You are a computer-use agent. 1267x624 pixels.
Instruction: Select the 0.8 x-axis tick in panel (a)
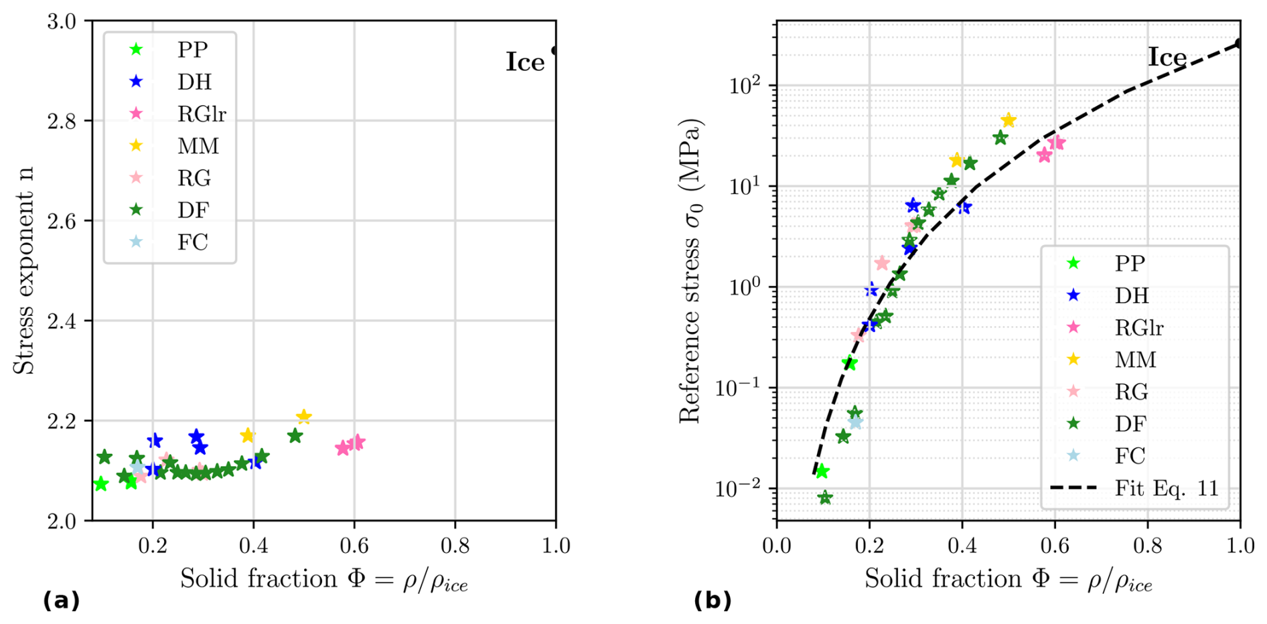pyautogui.click(x=455, y=546)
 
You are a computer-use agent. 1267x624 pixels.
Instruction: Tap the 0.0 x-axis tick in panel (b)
pyautogui.click(x=777, y=546)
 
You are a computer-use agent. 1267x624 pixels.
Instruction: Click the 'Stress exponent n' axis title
pyautogui.click(x=24, y=270)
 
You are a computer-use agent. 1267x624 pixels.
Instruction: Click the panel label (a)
pyautogui.click(x=61, y=601)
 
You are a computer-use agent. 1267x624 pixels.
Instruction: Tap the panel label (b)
pyautogui.click(x=713, y=601)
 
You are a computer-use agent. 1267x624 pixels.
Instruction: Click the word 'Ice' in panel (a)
pyautogui.click(x=525, y=62)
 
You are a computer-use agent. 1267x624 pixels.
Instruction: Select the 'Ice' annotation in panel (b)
pyautogui.click(x=1167, y=58)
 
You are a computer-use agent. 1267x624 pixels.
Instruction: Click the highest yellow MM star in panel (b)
pyautogui.click(x=1009, y=121)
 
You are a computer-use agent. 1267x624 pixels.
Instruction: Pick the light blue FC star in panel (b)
pyautogui.click(x=855, y=422)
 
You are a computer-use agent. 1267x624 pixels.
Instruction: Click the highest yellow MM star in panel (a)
pyautogui.click(x=303, y=417)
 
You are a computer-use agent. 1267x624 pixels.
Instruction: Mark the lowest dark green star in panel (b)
pyautogui.click(x=825, y=497)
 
